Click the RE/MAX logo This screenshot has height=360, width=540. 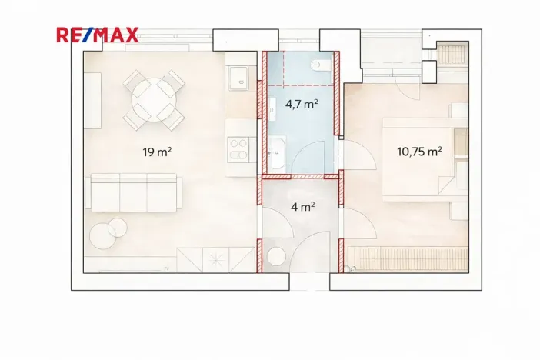coord(98,35)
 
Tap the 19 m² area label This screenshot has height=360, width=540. coord(157,152)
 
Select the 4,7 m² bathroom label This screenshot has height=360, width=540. coord(302,104)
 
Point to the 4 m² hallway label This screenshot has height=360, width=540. coord(303,207)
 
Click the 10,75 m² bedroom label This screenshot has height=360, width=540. coord(419,152)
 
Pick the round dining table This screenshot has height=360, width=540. coord(154,100)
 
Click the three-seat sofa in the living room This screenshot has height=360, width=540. coord(134,192)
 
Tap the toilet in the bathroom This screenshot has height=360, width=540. coord(320,65)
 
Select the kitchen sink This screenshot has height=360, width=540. coord(239,78)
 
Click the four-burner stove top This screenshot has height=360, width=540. coord(238,148)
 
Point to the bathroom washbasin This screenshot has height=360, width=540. coord(277,152)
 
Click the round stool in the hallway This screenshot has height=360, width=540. coord(276,257)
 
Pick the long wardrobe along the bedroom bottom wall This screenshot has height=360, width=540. coord(408,259)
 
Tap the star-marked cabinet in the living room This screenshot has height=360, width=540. coord(215,260)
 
